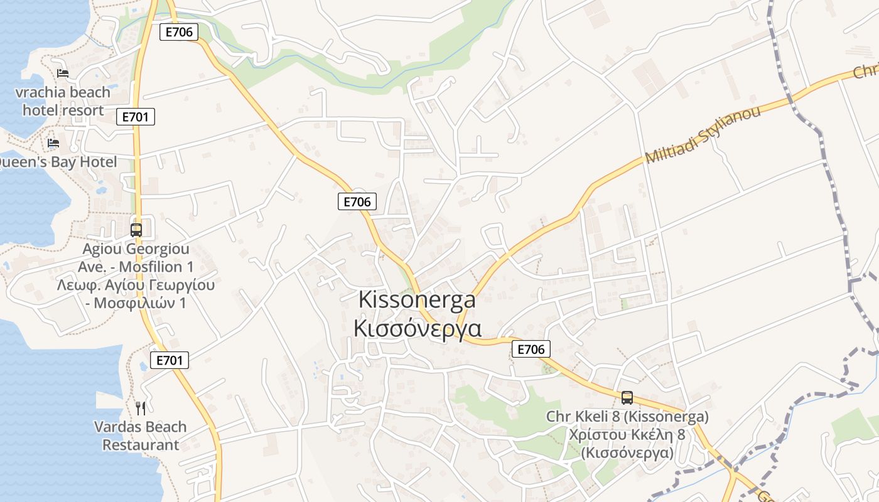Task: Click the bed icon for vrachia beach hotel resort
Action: pyautogui.click(x=63, y=73)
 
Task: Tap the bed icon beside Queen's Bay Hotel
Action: pyautogui.click(x=53, y=143)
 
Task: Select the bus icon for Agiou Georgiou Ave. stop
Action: pyautogui.click(x=136, y=230)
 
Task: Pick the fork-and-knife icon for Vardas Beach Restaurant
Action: pyautogui.click(x=141, y=409)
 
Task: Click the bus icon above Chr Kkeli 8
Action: pyautogui.click(x=627, y=397)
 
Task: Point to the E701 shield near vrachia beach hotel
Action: pyautogui.click(x=136, y=117)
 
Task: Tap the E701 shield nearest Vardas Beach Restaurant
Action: pyautogui.click(x=170, y=360)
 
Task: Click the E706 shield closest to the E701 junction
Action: pyautogui.click(x=179, y=32)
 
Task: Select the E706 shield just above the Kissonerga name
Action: pyautogui.click(x=357, y=201)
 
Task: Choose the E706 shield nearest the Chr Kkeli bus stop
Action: pyautogui.click(x=531, y=350)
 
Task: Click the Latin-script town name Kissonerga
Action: pyautogui.click(x=417, y=300)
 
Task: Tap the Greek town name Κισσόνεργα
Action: pyautogui.click(x=417, y=328)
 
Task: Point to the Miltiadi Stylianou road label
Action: pyautogui.click(x=703, y=134)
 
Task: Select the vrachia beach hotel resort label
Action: pyautogui.click(x=63, y=102)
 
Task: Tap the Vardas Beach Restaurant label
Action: pyautogui.click(x=141, y=435)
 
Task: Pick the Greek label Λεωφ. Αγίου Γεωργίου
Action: pyautogui.click(x=136, y=285)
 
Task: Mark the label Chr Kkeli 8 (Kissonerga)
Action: pyautogui.click(x=627, y=417)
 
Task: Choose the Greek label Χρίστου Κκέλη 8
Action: pyautogui.click(x=627, y=435)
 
